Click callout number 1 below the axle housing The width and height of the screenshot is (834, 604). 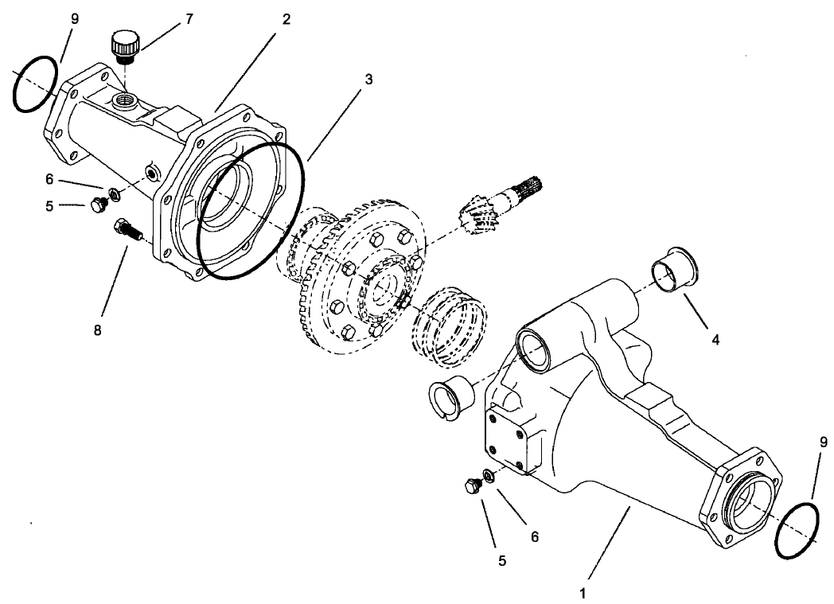coord(585,592)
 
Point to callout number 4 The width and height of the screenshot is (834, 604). coord(715,340)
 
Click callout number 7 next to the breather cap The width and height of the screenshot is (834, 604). coord(189,18)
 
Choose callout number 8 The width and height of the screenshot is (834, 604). coord(98,330)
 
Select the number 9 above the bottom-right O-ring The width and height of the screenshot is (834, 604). coord(823,441)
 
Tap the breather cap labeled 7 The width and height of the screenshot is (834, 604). coord(125,45)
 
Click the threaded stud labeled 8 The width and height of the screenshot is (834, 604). coord(128,231)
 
